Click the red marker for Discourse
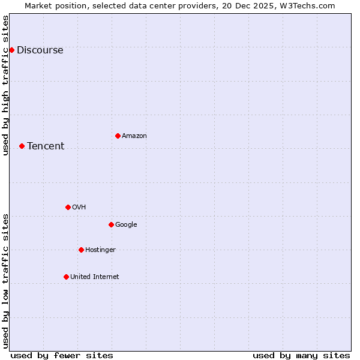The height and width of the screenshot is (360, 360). tap(11, 50)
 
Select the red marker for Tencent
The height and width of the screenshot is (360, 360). tap(22, 146)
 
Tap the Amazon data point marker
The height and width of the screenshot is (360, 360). tap(118, 136)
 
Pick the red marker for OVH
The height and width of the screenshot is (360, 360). tap(68, 207)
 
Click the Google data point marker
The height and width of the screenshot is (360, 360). tap(111, 224)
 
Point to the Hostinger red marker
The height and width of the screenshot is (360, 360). tap(81, 250)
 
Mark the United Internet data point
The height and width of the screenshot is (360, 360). tap(66, 277)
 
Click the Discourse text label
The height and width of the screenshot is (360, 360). tap(40, 50)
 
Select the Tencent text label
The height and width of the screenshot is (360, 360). tap(46, 146)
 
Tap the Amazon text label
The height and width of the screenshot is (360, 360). tap(134, 136)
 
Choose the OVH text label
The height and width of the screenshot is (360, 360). tap(79, 208)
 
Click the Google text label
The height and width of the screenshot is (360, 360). tap(126, 225)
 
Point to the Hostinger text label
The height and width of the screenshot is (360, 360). tap(100, 250)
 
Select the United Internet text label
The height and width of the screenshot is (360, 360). tap(94, 277)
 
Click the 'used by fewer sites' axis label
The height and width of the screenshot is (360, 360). tap(62, 355)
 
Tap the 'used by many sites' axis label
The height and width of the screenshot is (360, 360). tap(301, 355)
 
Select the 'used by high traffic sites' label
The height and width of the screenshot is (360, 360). tap(6, 85)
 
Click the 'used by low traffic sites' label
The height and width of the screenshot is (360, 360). tap(6, 280)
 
